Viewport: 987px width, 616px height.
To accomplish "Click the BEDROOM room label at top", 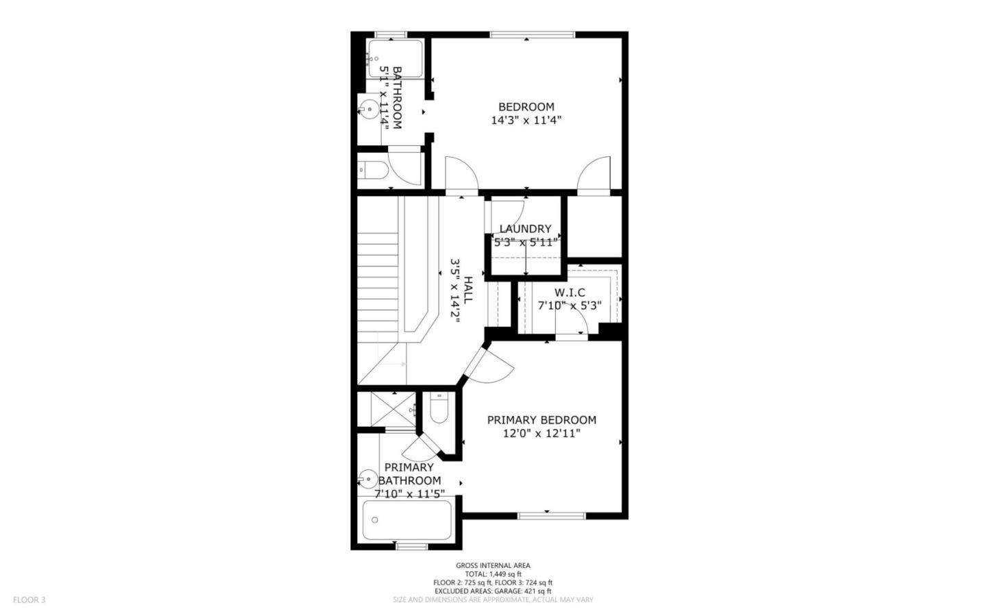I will (526, 107).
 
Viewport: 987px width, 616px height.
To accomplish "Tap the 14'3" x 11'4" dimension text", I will (526, 121).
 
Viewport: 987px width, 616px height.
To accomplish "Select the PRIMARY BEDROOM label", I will (541, 420).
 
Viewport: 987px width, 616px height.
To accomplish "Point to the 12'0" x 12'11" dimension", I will (541, 433).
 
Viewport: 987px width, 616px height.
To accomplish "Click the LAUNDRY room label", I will (525, 229).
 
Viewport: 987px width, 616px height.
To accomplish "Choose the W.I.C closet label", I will (570, 293).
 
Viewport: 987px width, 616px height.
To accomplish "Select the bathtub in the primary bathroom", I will (406, 520).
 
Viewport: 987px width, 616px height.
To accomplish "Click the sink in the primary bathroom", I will (368, 478).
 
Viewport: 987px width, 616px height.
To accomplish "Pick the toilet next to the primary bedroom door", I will (438, 410).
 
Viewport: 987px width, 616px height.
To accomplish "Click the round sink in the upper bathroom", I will (368, 108).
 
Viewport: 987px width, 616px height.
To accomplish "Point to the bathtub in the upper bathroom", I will (395, 59).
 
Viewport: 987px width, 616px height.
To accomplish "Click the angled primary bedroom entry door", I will (488, 367).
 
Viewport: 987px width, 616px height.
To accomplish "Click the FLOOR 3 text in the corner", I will (29, 600).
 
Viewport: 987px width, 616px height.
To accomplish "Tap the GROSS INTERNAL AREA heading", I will (493, 565).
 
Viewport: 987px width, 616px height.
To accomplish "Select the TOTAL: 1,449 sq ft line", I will (493, 574).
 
